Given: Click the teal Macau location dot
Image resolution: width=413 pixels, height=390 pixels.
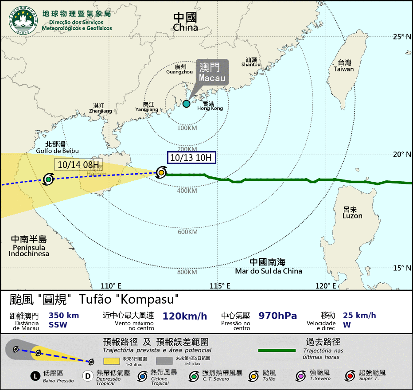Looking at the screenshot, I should click(x=187, y=104).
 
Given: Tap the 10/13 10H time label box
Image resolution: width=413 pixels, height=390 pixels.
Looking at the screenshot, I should click(x=191, y=158).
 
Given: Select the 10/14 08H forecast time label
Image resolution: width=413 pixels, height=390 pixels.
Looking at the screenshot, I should click(x=78, y=164).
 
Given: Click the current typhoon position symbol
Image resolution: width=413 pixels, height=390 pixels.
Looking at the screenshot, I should click(x=162, y=172).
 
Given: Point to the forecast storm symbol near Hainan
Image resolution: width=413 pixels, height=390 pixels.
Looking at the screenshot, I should click(x=48, y=179).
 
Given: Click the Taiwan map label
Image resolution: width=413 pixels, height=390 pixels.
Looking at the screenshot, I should click(x=344, y=66).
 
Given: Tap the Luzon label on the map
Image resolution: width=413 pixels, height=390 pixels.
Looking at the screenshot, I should click(x=352, y=212).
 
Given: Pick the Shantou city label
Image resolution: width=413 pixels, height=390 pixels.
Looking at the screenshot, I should click(x=251, y=62).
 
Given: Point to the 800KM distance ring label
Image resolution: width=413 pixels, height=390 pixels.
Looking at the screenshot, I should click(x=187, y=272).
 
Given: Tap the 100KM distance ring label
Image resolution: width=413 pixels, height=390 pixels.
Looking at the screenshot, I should click(x=187, y=129).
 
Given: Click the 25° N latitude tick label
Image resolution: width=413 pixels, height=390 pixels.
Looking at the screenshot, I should click(x=402, y=37).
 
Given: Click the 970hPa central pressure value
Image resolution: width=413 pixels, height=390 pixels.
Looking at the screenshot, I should click(x=278, y=316).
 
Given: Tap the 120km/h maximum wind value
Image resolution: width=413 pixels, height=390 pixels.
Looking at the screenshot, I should click(x=185, y=316).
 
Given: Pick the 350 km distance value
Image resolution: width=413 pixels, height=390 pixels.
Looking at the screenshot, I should click(x=64, y=316).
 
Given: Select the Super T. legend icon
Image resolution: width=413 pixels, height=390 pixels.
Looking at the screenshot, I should click(x=351, y=376).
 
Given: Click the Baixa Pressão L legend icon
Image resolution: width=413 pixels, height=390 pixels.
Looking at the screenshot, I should click(x=36, y=376).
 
